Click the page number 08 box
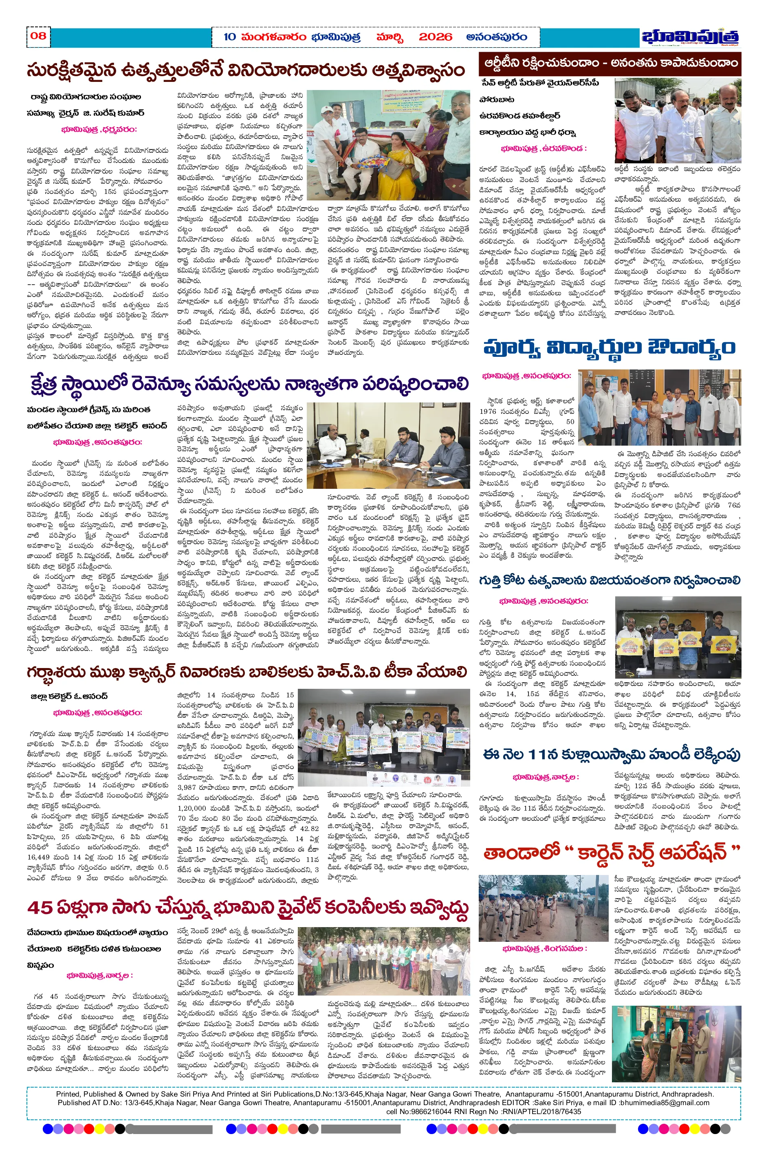pyautogui.click(x=38, y=36)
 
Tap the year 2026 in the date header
pyautogui.click(x=435, y=37)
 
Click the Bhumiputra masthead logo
pyautogui.click(x=691, y=37)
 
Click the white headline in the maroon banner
pyautogui.click(x=610, y=63)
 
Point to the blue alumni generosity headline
pyautogui.click(x=610, y=347)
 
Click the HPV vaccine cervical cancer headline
pyautogui.click(x=247, y=673)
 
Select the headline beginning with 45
pyautogui.click(x=248, y=908)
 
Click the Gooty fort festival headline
pyautogui.click(x=610, y=581)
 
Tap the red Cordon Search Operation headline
pyautogui.click(x=610, y=853)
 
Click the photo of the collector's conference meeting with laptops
pyautogui.click(x=388, y=445)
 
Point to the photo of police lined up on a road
pyautogui.click(x=543, y=908)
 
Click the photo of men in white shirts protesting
pyautogui.click(x=678, y=121)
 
